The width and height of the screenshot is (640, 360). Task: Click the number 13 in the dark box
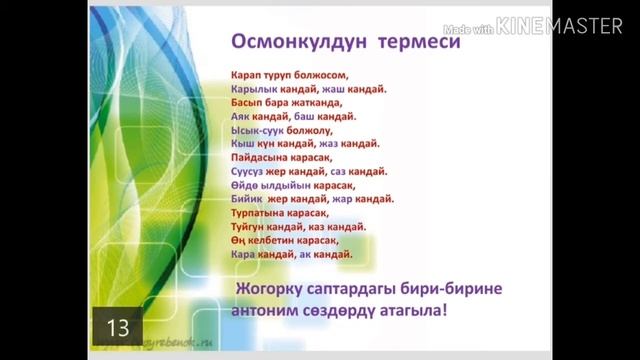118,327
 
